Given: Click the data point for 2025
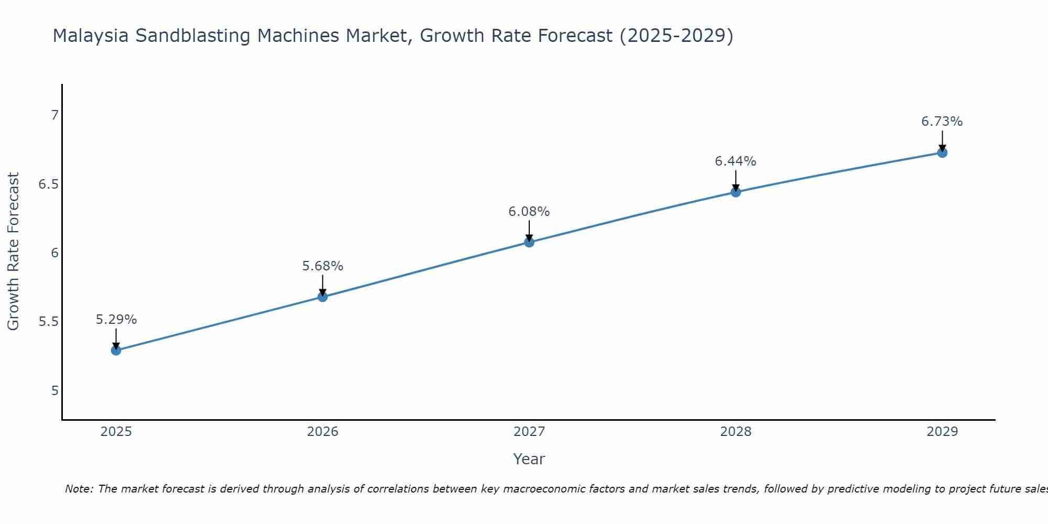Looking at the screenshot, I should (116, 350).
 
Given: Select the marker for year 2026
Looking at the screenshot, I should (323, 297).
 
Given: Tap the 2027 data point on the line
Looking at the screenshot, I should (529, 242).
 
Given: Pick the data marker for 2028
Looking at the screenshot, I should (736, 192).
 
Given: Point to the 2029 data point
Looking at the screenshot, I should (942, 152).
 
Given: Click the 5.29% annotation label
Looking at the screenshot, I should (116, 320).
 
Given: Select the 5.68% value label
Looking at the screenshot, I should (323, 266).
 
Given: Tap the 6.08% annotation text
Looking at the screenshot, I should (529, 212).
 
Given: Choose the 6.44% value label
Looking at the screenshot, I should (736, 161).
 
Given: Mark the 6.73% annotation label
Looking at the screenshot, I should (942, 122).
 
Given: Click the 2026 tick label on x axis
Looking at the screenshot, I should (323, 432).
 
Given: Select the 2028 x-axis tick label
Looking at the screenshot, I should (736, 432).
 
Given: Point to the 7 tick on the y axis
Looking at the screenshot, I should (54, 115).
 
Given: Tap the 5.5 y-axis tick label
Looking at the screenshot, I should (49, 322).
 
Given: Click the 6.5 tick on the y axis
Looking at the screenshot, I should (49, 184).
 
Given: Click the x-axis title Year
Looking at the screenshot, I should (529, 459).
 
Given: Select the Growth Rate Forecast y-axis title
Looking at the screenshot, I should (13, 252).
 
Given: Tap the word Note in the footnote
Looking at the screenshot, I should (79, 489).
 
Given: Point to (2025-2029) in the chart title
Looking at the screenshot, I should (676, 36).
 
